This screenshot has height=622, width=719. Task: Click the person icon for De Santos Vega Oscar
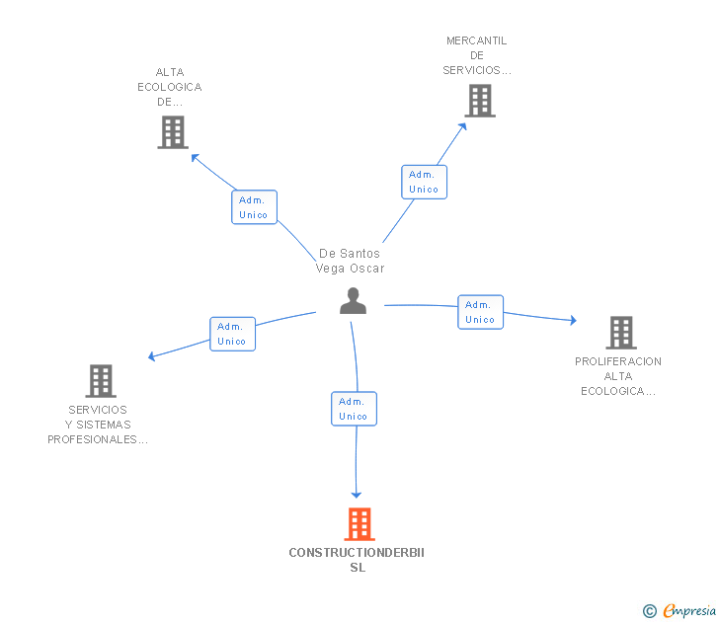click(x=353, y=301)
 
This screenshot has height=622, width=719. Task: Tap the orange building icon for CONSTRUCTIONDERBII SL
click(x=359, y=524)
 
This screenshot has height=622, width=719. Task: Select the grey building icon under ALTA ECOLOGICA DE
click(x=172, y=132)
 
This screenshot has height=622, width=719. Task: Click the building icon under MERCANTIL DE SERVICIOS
click(x=479, y=101)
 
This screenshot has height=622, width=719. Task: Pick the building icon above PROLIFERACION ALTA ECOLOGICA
click(x=620, y=333)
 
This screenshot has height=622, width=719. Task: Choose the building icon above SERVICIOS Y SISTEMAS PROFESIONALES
click(x=101, y=381)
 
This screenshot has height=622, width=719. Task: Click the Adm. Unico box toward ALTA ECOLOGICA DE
click(x=254, y=207)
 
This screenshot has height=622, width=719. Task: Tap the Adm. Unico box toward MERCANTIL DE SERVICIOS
click(x=424, y=182)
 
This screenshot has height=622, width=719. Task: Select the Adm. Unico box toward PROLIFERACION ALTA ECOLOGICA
click(x=480, y=312)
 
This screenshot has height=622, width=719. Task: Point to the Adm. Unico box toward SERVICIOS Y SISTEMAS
click(x=232, y=334)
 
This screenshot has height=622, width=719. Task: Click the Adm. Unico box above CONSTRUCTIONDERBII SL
click(x=354, y=409)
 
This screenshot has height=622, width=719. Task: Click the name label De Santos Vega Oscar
click(x=350, y=261)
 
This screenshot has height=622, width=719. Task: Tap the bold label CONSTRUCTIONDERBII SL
click(x=357, y=560)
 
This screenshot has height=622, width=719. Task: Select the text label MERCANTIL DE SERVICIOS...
click(x=477, y=55)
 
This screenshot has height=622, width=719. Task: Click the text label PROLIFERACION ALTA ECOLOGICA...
click(x=618, y=376)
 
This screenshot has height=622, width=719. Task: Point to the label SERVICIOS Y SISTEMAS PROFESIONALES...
click(x=98, y=425)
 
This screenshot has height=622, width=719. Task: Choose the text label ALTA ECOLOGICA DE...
click(x=170, y=87)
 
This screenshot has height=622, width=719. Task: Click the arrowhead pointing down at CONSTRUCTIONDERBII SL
click(x=357, y=493)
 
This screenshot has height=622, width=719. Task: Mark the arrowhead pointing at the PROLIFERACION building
click(x=572, y=320)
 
